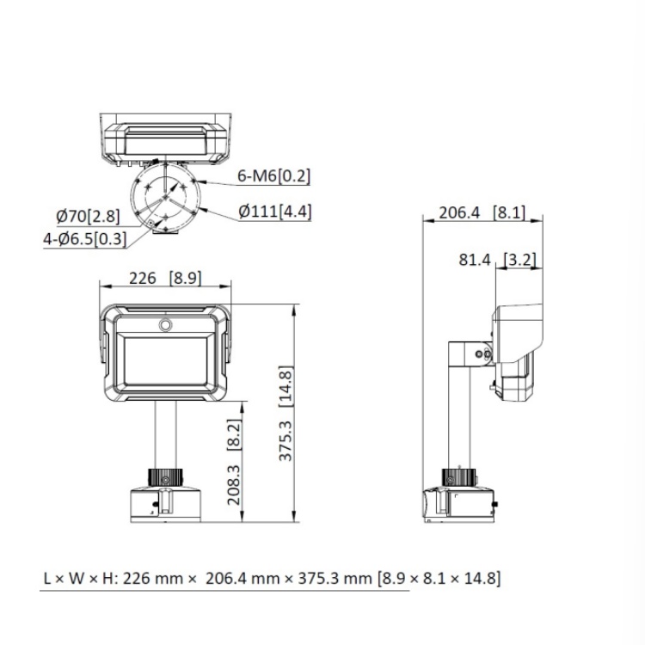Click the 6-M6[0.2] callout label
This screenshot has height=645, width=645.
click(x=273, y=176)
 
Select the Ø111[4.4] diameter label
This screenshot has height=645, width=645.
click(x=274, y=211)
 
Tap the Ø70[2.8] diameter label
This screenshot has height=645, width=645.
click(x=88, y=216)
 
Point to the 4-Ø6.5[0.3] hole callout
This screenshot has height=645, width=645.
click(x=84, y=239)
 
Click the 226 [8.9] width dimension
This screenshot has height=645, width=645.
click(x=164, y=277)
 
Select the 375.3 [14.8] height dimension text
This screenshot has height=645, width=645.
click(x=286, y=415)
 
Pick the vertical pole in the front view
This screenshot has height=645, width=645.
click(x=164, y=434)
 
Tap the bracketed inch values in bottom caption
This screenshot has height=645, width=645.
click(x=439, y=578)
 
